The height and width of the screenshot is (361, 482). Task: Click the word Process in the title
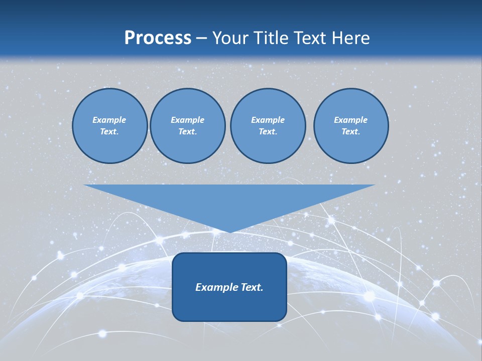[x=158, y=38]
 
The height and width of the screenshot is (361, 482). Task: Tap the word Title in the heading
[x=272, y=38]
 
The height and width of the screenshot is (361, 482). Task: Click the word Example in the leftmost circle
[x=109, y=120]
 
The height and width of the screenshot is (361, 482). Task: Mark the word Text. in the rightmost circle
[x=351, y=132]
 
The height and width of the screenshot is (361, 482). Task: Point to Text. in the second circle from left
[x=187, y=132]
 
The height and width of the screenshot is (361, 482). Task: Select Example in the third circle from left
[x=268, y=120]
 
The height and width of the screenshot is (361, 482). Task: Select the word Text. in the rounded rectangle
[x=252, y=287]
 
